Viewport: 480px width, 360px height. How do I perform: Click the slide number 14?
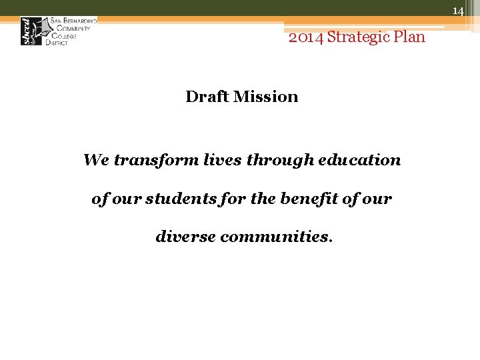click(x=458, y=11)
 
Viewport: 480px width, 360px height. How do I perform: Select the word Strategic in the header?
click(x=359, y=37)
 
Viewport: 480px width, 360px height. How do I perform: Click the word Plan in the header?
click(x=410, y=37)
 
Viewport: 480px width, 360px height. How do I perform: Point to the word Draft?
click(x=205, y=97)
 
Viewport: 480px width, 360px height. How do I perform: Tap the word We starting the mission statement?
click(x=95, y=160)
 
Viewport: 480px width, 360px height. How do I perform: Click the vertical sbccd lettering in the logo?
click(x=28, y=31)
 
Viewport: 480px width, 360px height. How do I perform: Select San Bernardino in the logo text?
click(x=73, y=21)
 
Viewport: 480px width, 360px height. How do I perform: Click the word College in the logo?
click(x=62, y=35)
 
